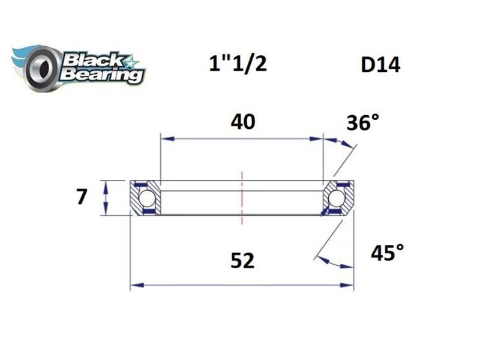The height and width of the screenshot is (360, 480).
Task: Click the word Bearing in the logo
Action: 103,76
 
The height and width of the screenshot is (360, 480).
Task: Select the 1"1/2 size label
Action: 238,64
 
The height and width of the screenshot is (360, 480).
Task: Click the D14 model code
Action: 380,64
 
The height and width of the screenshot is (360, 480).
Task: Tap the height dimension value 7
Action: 83,196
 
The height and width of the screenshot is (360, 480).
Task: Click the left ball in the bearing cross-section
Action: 146,197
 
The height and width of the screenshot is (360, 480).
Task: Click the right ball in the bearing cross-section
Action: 337,197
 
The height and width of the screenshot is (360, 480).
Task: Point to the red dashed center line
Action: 242,198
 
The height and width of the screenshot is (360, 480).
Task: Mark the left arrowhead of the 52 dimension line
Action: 136,286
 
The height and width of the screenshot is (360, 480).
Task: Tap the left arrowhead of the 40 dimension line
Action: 165,139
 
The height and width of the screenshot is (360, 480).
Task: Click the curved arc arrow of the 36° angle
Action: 341,143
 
